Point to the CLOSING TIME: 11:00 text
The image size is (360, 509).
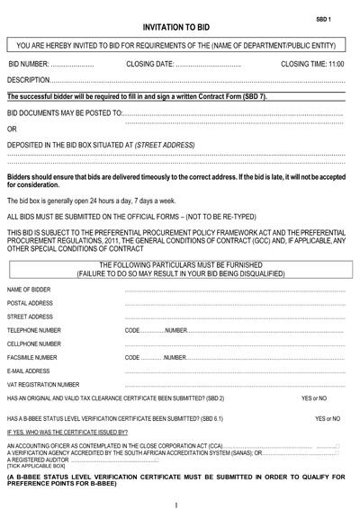tap(313, 65)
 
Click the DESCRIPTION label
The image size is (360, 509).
tap(30, 80)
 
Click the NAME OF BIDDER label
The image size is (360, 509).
tap(31, 290)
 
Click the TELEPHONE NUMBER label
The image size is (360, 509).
tap(38, 330)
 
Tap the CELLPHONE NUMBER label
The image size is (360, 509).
tap(38, 344)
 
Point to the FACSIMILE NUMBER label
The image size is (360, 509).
tap(37, 357)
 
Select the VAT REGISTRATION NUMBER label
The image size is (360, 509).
tap(45, 384)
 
